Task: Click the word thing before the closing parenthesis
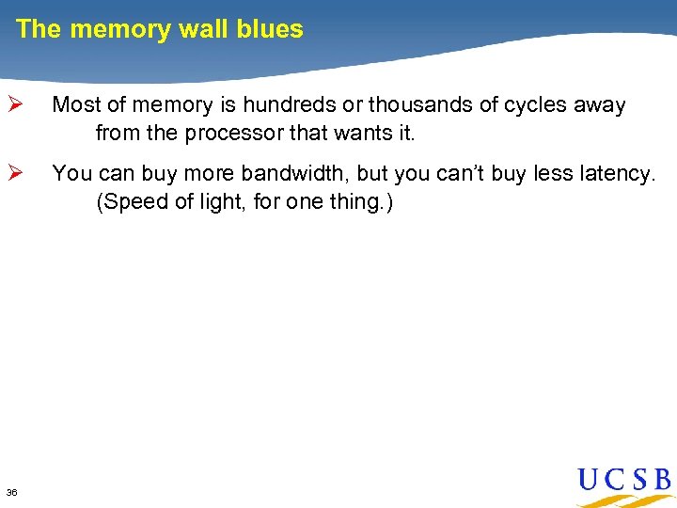355,201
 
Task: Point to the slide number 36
11,492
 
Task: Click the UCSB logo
624,484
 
